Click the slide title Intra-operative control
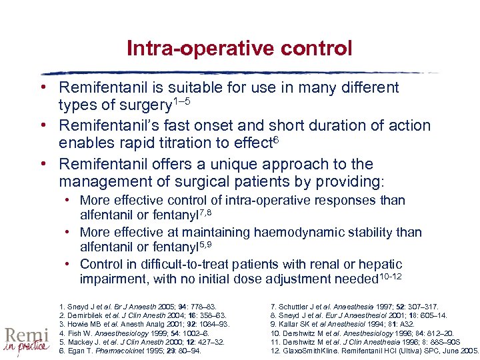pyautogui.click(x=239, y=49)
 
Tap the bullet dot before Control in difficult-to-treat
pyautogui.click(x=69, y=265)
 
